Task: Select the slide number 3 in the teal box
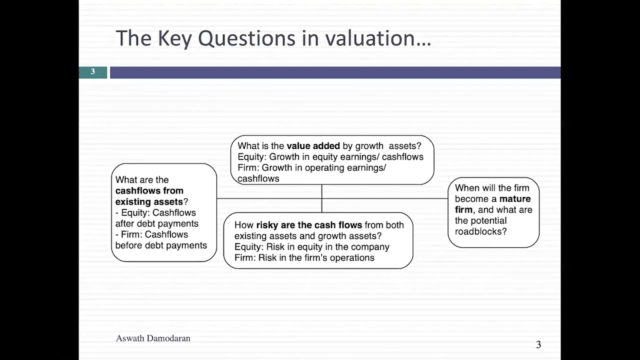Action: [92, 72]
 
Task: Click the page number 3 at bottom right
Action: [538, 344]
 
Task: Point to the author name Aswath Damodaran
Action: [153, 338]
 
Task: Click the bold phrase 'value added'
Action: [313, 146]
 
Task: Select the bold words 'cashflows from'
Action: [149, 190]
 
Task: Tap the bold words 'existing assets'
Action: [149, 201]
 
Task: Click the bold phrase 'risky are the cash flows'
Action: [309, 225]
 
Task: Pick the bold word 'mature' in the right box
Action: [515, 199]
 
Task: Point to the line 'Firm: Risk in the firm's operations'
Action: [304, 258]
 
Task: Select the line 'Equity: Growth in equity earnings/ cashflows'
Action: [330, 157]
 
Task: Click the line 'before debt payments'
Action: [160, 245]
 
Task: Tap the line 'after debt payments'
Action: [156, 223]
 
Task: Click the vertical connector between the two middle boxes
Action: [321, 198]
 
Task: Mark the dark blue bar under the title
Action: [335, 72]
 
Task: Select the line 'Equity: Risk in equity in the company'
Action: [311, 247]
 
